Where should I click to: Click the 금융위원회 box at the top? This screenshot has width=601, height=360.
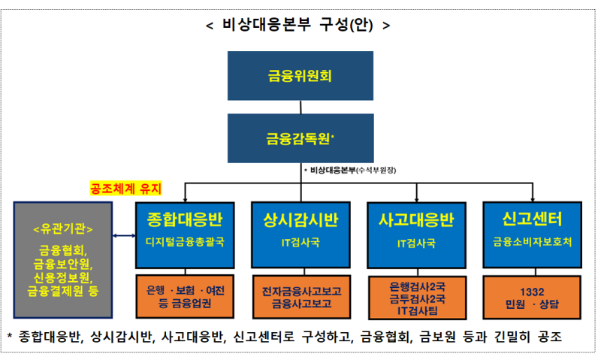point(300,76)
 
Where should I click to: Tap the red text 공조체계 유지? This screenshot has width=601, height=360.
point(126,187)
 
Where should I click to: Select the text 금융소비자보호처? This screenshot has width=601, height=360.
point(532,243)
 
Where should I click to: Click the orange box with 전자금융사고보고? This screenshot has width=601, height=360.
point(300,298)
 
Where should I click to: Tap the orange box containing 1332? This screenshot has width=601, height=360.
point(532,298)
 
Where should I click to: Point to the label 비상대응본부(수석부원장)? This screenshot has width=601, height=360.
point(359,171)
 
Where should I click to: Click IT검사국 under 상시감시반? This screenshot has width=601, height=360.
point(300,243)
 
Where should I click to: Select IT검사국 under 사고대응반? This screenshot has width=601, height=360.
point(416,243)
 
